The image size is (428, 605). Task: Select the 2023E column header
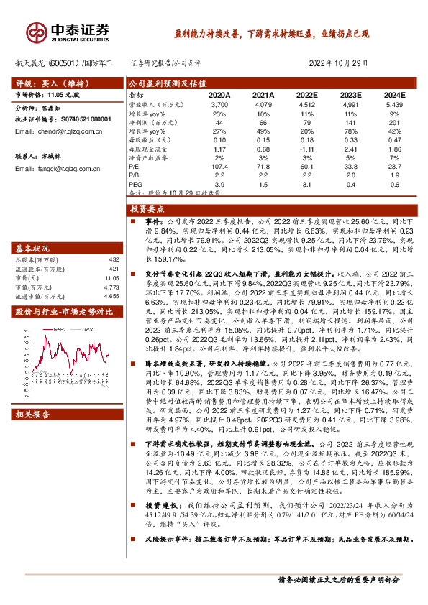coord(350,95)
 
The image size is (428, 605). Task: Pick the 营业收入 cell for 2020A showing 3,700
coord(219,104)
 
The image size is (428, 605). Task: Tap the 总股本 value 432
coord(113,259)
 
